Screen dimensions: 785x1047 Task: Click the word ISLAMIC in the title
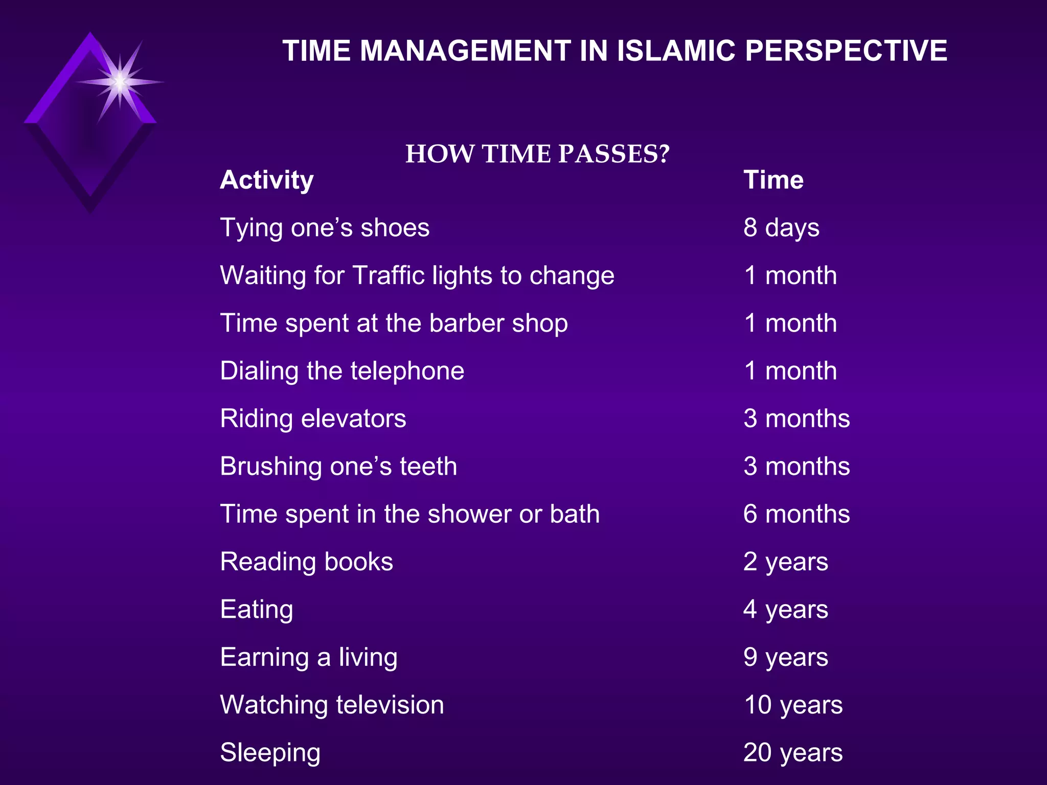[x=675, y=51]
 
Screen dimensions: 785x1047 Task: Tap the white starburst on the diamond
[x=120, y=82]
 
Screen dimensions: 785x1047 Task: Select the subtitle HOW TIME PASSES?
[x=537, y=154]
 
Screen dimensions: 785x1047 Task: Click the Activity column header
[x=267, y=180]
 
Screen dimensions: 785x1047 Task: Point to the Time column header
[x=773, y=180]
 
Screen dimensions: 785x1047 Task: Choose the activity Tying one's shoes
[x=325, y=228]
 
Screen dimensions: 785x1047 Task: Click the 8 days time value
[x=781, y=228]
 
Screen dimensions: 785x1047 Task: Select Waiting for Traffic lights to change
[x=417, y=275]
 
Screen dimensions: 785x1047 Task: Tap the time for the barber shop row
[x=790, y=323]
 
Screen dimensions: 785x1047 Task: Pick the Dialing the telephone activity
[x=342, y=371]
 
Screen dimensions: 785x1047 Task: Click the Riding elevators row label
[x=313, y=419]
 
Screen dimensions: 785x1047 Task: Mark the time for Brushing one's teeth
[x=796, y=466]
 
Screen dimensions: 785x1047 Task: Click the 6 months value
[x=796, y=514]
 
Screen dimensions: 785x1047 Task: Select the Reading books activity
[x=307, y=562]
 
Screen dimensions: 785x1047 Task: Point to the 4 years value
[x=786, y=609]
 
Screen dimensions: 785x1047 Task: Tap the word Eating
[x=257, y=609]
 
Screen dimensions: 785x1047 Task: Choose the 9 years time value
[x=786, y=657]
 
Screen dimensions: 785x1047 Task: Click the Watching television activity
[x=332, y=705]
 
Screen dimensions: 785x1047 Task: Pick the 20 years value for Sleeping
[x=793, y=752]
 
